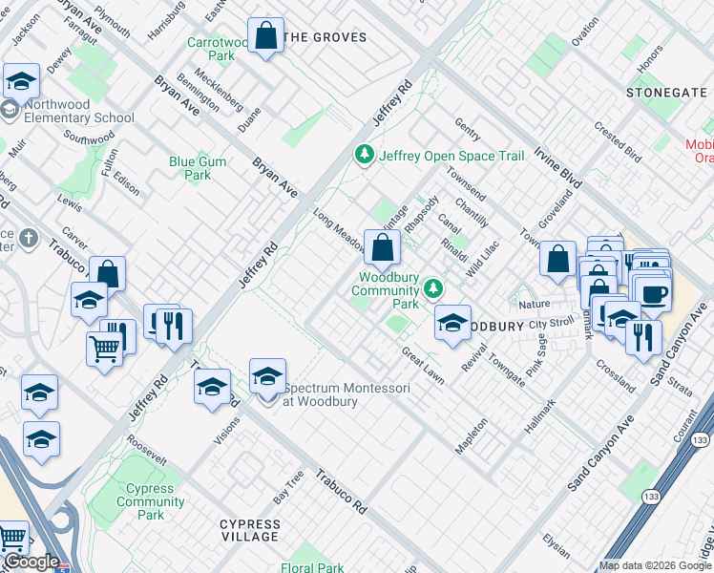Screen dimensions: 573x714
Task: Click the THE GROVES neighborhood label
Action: tap(325, 37)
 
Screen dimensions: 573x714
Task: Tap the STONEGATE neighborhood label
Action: tap(667, 92)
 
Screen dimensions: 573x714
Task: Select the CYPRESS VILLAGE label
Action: tap(250, 530)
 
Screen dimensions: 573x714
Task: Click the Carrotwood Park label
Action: tap(211, 49)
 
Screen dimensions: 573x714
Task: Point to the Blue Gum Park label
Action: tap(198, 168)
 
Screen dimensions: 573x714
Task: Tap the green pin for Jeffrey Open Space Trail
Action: tap(364, 154)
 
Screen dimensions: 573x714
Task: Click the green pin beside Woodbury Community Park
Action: tap(434, 287)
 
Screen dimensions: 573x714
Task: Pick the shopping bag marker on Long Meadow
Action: tap(382, 249)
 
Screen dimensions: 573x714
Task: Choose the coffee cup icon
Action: tap(654, 292)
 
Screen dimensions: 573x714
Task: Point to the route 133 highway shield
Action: tap(701, 439)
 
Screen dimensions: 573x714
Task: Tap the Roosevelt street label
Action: tap(146, 448)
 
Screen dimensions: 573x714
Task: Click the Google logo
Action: tap(31, 562)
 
